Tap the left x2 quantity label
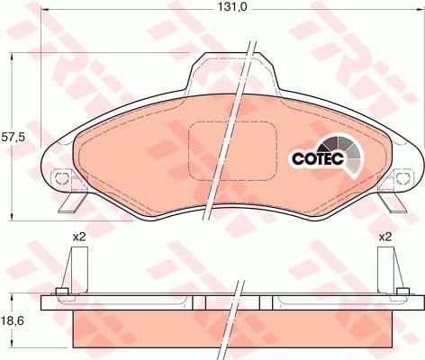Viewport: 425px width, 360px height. click(x=79, y=237)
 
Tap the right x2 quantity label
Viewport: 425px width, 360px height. click(x=385, y=237)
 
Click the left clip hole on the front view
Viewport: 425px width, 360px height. click(x=61, y=178)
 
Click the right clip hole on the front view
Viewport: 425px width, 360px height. click(x=393, y=178)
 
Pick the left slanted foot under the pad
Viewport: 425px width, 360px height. click(x=69, y=202)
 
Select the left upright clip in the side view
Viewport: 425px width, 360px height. click(x=77, y=269)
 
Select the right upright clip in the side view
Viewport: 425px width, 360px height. click(x=387, y=269)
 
